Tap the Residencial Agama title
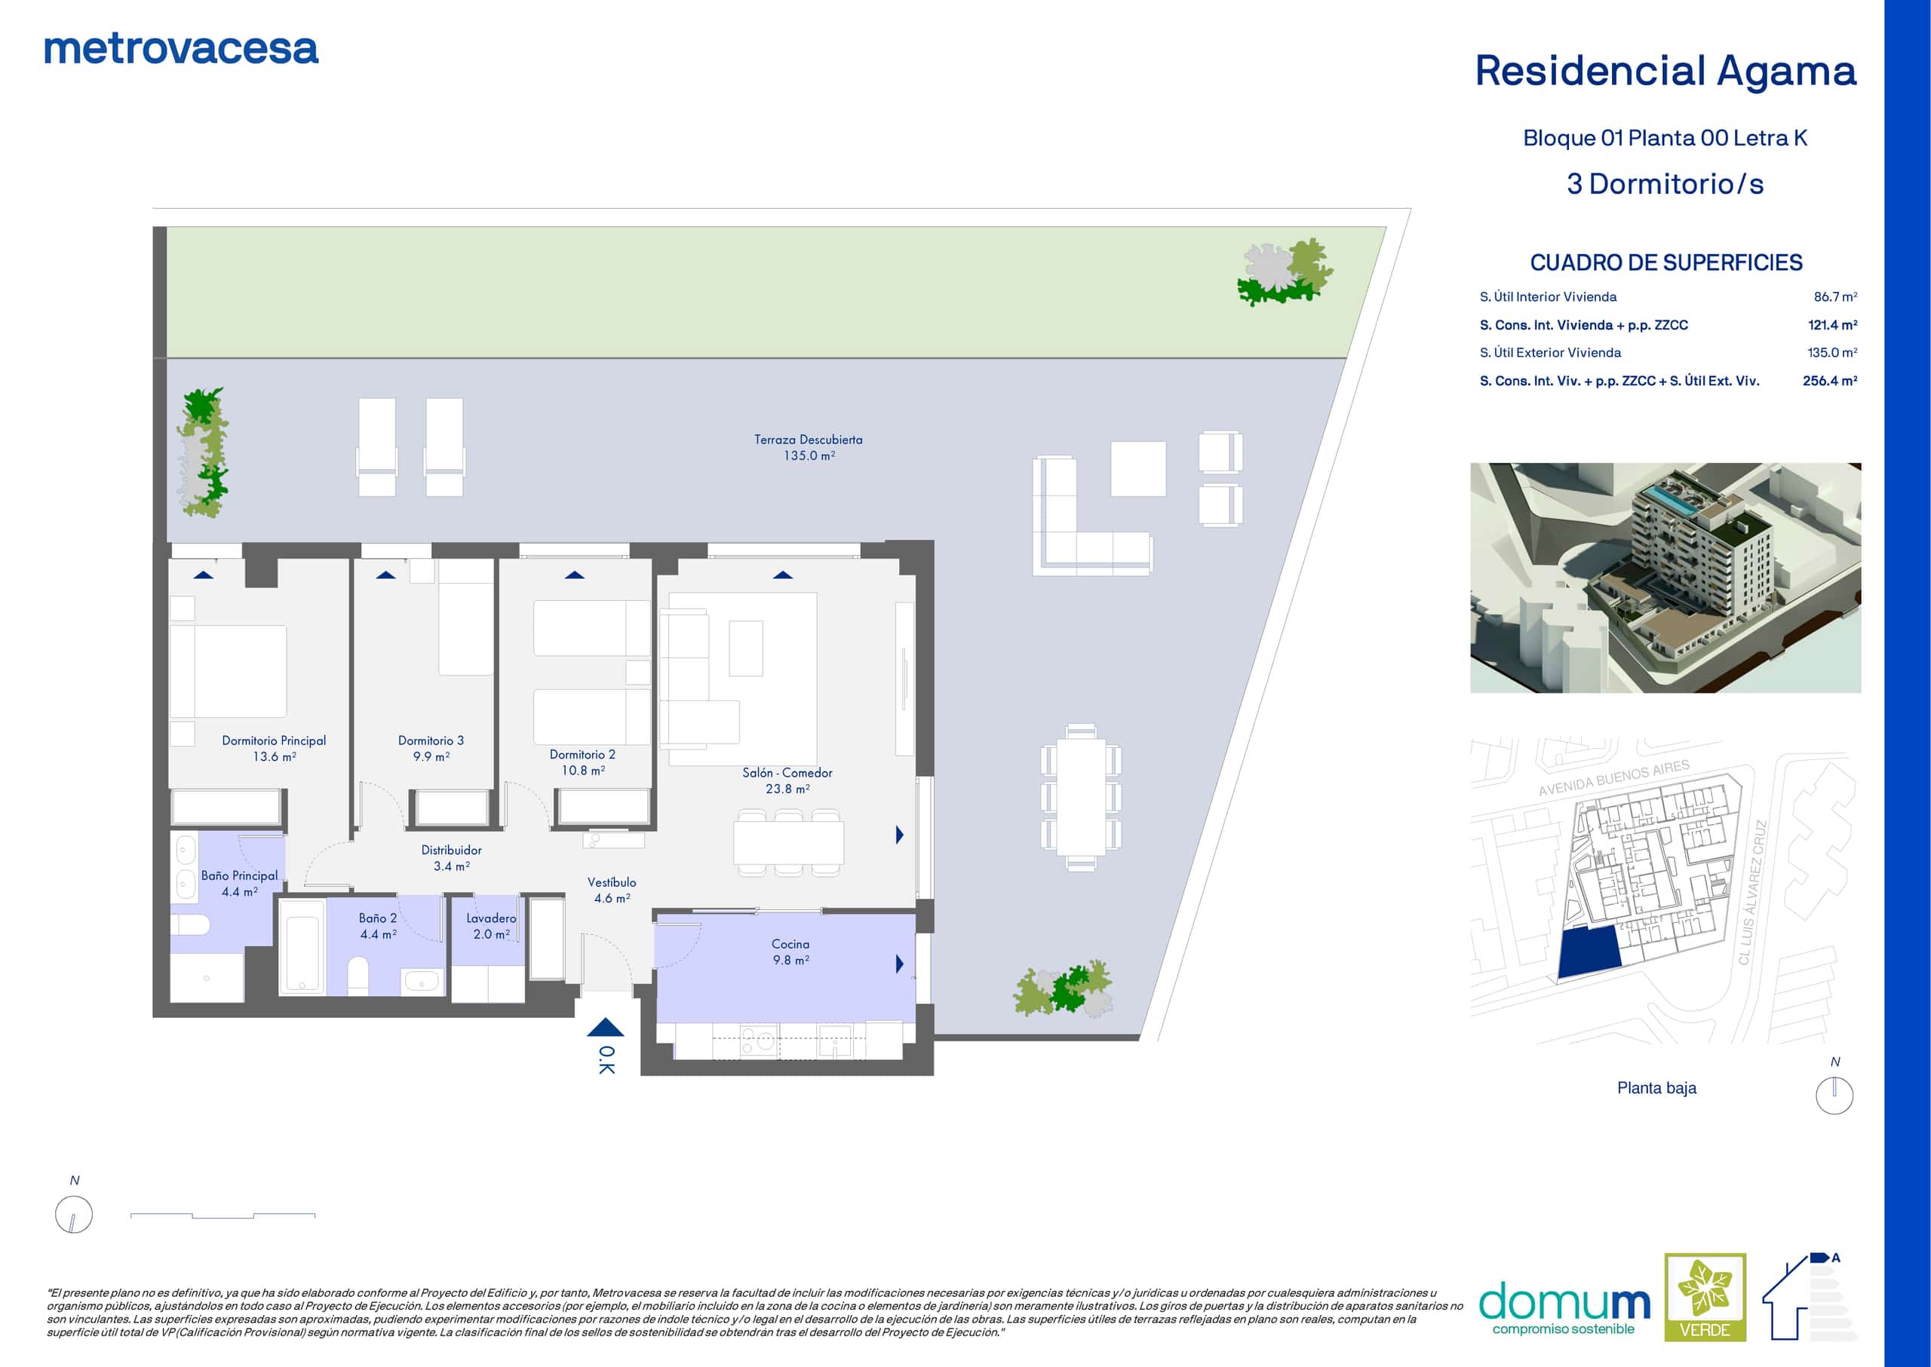pyautogui.click(x=1665, y=72)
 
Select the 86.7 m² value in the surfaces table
pyautogui.click(x=1835, y=296)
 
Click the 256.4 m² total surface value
pyautogui.click(x=1829, y=381)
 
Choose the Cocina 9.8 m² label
pyautogui.click(x=790, y=952)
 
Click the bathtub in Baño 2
pyautogui.click(x=302, y=947)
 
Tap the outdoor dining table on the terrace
pyautogui.click(x=1082, y=797)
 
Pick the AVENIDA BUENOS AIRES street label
pyautogui.click(x=1613, y=778)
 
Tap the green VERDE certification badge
pyautogui.click(x=1705, y=1297)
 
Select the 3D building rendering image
pyautogui.click(x=1665, y=578)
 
